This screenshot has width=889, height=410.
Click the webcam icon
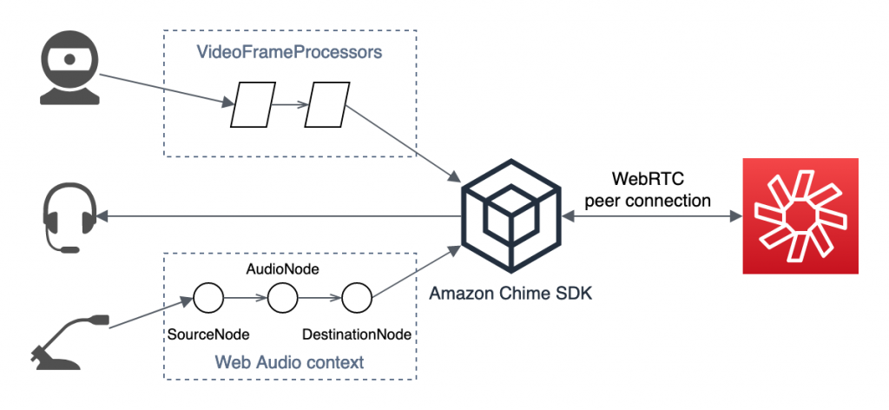(67, 71)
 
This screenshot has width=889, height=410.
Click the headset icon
(68, 221)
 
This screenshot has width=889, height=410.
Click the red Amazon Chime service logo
(799, 215)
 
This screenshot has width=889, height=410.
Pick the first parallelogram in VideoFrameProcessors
(253, 105)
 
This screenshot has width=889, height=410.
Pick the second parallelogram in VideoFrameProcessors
(327, 105)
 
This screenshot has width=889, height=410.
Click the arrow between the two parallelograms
(290, 106)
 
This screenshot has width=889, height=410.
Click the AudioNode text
(282, 269)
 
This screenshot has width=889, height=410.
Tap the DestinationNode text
(356, 334)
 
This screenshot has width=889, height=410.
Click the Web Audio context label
(290, 361)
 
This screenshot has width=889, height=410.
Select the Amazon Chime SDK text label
(510, 294)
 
